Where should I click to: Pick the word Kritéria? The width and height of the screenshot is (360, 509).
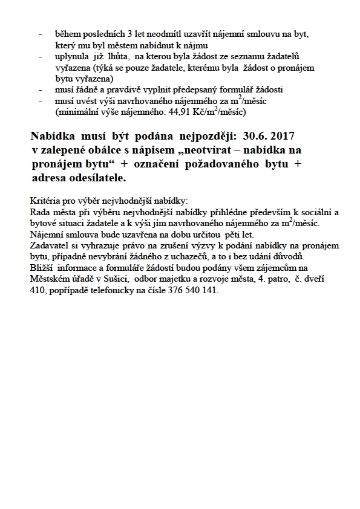click(45, 200)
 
